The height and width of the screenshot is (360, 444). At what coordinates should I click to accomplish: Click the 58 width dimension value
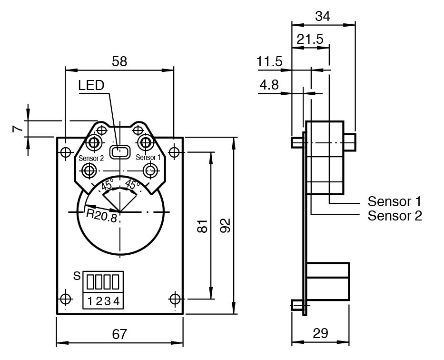[119, 61]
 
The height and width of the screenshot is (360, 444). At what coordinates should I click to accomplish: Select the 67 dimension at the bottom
[119, 334]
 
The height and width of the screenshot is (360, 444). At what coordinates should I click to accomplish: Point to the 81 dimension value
[202, 226]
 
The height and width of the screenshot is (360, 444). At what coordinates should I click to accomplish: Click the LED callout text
[91, 86]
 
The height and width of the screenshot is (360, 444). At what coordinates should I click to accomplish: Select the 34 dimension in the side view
[323, 16]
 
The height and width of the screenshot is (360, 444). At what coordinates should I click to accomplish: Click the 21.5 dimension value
[310, 39]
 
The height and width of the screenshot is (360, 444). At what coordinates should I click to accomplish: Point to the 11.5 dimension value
[269, 62]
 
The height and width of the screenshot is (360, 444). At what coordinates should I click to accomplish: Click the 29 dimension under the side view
[321, 333]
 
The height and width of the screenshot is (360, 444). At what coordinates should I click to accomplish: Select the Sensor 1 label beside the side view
[395, 201]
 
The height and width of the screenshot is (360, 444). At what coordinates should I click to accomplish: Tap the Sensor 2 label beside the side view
[395, 216]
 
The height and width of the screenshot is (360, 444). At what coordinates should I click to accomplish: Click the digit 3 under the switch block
[107, 301]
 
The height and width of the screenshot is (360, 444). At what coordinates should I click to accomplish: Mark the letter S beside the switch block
[77, 276]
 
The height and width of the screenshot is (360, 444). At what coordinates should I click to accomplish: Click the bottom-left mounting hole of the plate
[65, 299]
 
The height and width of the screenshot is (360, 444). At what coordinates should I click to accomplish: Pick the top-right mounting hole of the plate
[175, 152]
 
